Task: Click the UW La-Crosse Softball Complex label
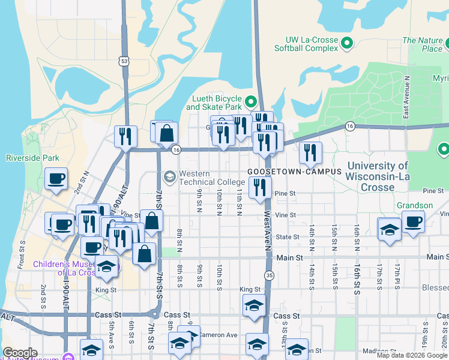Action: pos(306,44)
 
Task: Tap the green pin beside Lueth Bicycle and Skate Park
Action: pos(252,100)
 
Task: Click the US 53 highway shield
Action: pos(124,61)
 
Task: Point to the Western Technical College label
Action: pos(203,178)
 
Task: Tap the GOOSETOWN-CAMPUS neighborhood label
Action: pos(294,172)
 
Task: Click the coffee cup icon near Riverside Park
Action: pos(56,178)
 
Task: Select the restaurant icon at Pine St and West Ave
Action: pos(260,187)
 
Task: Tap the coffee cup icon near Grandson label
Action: pos(413,221)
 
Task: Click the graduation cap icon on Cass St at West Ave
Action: pos(255,306)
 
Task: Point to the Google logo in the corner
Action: pos(20,353)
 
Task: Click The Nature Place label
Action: pos(422,44)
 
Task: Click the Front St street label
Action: pos(22,262)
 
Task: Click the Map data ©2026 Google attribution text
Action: pos(412,355)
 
